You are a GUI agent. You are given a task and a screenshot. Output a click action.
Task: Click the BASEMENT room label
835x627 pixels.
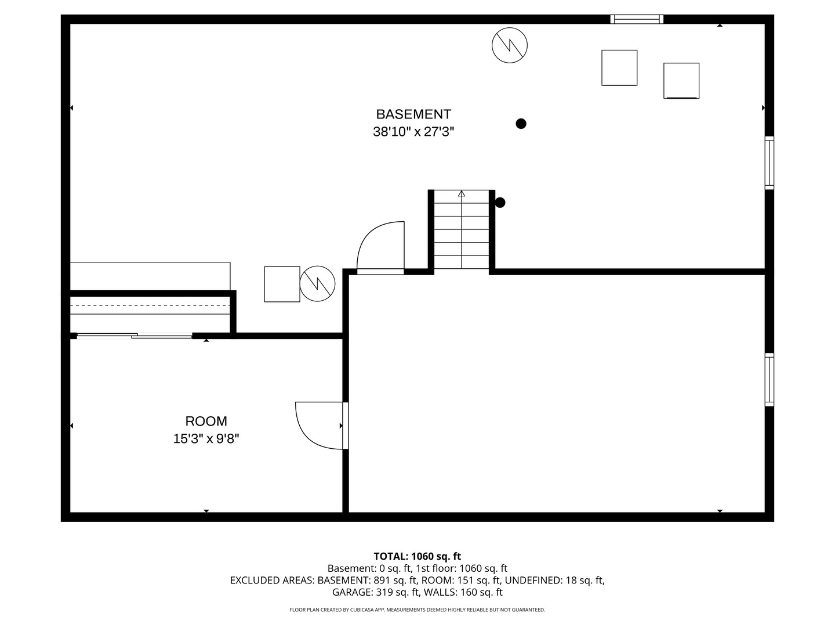pos(413,114)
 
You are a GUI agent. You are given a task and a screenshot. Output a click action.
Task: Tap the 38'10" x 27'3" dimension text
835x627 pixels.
pos(413,132)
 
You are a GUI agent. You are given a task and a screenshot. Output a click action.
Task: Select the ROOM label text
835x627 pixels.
pos(206,421)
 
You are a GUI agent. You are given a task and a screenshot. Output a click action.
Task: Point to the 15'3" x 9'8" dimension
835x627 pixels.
pos(206,438)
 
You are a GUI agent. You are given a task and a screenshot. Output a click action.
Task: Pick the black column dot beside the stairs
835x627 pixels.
pos(499,203)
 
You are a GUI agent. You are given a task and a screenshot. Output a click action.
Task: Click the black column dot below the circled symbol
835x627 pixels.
pos(520,124)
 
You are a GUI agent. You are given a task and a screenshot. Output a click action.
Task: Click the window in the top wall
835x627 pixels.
pos(637,19)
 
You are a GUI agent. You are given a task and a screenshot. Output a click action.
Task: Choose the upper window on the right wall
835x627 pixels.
pos(769,163)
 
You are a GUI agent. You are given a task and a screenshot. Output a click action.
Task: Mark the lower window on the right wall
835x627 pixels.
pos(769,380)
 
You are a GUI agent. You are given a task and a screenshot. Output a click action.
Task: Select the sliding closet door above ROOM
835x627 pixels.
pos(135,336)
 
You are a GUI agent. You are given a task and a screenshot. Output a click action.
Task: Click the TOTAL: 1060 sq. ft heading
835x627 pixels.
pos(417,556)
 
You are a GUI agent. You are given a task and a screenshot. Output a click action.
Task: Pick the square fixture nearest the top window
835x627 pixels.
pos(619,68)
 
